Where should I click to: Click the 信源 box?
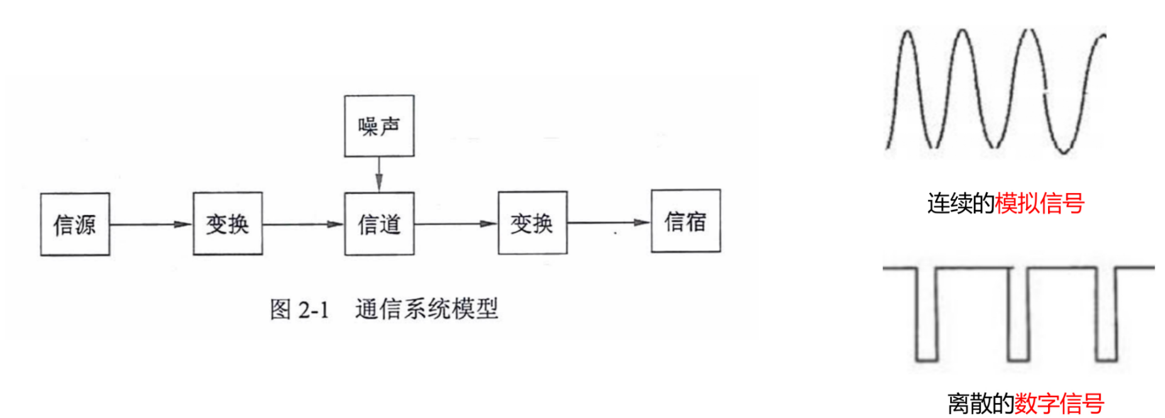pyautogui.click(x=75, y=224)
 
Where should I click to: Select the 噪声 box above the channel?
pyautogui.click(x=378, y=126)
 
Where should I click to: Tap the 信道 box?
pyautogui.click(x=378, y=224)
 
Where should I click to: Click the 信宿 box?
pyautogui.click(x=685, y=221)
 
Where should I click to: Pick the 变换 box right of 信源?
pyautogui.click(x=228, y=224)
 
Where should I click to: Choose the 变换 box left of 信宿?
pyautogui.click(x=533, y=223)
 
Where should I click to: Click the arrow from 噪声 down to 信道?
pyautogui.click(x=378, y=173)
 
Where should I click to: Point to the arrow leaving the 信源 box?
pyautogui.click(x=151, y=224)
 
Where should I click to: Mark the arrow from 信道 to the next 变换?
pyautogui.click(x=456, y=223)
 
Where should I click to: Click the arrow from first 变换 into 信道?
pyautogui.click(x=303, y=224)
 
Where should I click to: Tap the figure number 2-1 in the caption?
pyautogui.click(x=313, y=310)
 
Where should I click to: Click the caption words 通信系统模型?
pyautogui.click(x=426, y=309)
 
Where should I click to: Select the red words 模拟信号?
pyautogui.click(x=1039, y=203)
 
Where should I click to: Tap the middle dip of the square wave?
pyautogui.click(x=1018, y=358)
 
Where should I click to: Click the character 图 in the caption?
pyautogui.click(x=280, y=310)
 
